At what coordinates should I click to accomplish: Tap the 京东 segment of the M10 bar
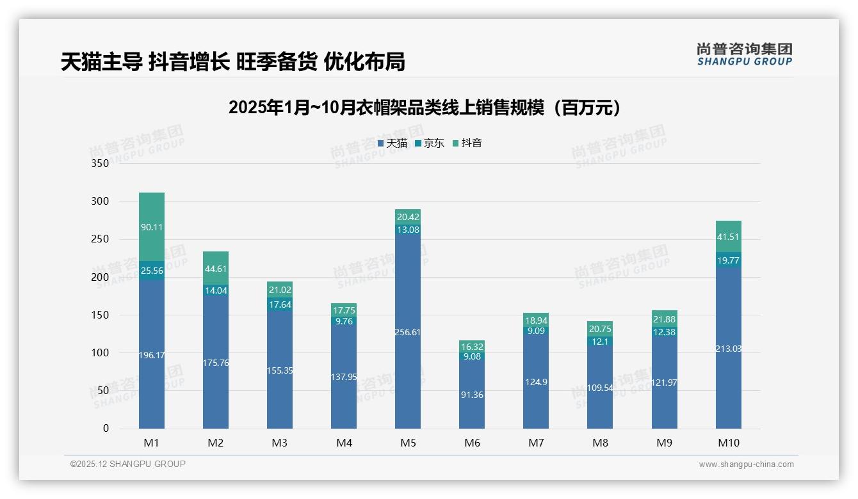pyautogui.click(x=728, y=260)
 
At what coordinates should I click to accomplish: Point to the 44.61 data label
pyautogui.click(x=216, y=269)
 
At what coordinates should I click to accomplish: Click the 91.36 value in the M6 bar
pyautogui.click(x=472, y=395)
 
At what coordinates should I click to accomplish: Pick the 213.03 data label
pyautogui.click(x=728, y=349)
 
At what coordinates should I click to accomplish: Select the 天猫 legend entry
pyautogui.click(x=393, y=143)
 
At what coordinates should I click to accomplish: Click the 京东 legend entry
pyautogui.click(x=430, y=143)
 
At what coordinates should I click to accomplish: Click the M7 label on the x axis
pyautogui.click(x=536, y=443)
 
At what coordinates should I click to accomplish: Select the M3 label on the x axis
pyautogui.click(x=280, y=443)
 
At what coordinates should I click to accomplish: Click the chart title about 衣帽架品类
pyautogui.click(x=425, y=107)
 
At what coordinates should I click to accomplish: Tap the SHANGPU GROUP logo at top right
pyautogui.click(x=744, y=54)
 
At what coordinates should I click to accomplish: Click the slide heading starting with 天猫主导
pyautogui.click(x=233, y=61)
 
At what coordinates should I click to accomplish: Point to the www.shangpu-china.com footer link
pyautogui.click(x=746, y=464)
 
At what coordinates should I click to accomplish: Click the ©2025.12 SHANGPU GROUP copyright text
pyautogui.click(x=128, y=464)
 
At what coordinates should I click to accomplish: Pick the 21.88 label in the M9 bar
pyautogui.click(x=664, y=320)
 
